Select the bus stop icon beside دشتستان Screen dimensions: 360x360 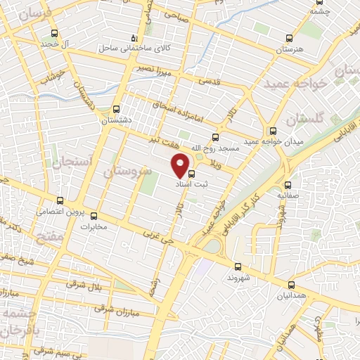point(117,109)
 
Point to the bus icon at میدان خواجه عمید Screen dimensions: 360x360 point(272,131)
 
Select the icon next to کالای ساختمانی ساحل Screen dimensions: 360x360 point(135,39)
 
